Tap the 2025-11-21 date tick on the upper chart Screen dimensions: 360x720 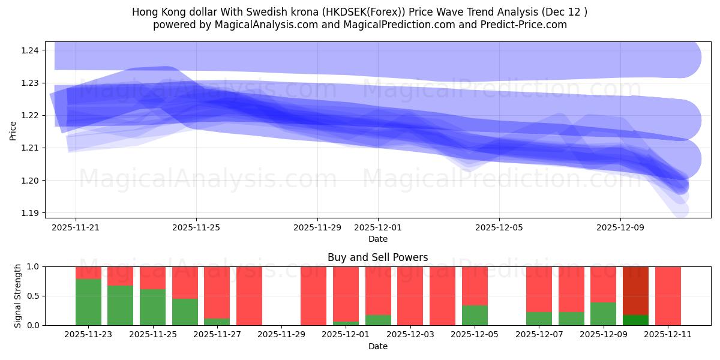coord(76,228)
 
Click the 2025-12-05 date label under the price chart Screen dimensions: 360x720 coord(499,228)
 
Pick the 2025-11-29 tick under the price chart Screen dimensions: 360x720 coord(317,228)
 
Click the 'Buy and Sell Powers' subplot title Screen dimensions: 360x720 coord(377,257)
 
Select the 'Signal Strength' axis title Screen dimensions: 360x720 coord(18,295)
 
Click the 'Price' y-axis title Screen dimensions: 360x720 coord(13,131)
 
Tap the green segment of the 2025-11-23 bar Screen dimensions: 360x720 coord(88,302)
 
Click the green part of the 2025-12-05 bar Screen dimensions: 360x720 coord(475,315)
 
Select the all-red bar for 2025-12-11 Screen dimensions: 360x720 coord(668,295)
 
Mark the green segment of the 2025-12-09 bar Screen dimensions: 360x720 coord(603,313)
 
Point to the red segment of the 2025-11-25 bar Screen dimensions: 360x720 coord(152,278)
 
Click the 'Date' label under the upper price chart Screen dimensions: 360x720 coord(377,239)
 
